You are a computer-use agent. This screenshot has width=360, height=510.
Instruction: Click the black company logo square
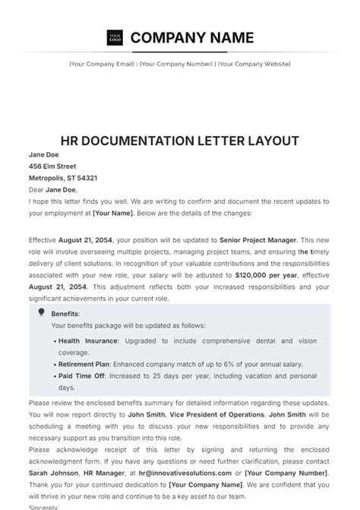point(115,37)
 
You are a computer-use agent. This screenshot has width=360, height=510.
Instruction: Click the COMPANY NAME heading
point(192,37)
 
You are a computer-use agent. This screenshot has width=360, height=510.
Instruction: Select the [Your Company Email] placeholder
point(102,64)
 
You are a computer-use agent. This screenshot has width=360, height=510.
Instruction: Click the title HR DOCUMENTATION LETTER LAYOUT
point(179,141)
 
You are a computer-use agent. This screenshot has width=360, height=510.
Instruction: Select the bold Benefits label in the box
point(65,313)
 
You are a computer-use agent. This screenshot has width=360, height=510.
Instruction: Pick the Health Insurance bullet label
point(88,341)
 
